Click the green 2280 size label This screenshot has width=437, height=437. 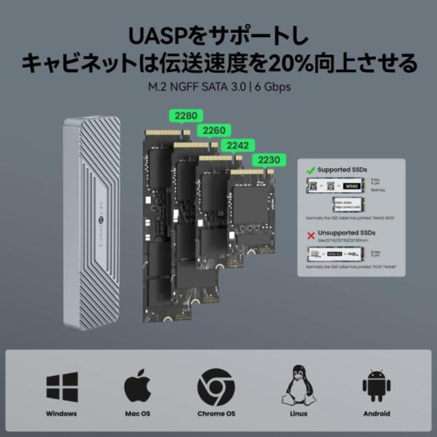(x=186, y=116)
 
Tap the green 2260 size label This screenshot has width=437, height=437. (x=214, y=130)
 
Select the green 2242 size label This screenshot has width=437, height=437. (x=238, y=145)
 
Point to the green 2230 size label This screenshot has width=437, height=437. (x=269, y=160)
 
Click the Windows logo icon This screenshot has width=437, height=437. (x=62, y=387)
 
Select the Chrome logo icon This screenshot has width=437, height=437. (x=216, y=387)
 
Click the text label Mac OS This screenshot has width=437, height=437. (x=138, y=413)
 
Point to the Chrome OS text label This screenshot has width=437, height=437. (x=216, y=413)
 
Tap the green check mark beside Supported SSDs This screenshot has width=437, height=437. (x=311, y=170)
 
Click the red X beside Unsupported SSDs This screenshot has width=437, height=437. (x=311, y=236)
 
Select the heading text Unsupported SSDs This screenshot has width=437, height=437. (x=346, y=233)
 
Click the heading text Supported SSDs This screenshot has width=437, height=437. (x=342, y=170)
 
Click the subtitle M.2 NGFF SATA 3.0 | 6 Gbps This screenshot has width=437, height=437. (x=219, y=87)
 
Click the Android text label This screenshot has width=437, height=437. (x=377, y=413)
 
